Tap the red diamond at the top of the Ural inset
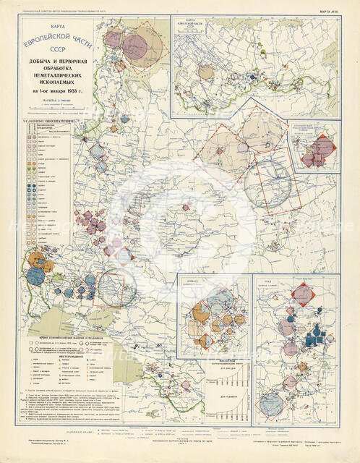303,294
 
